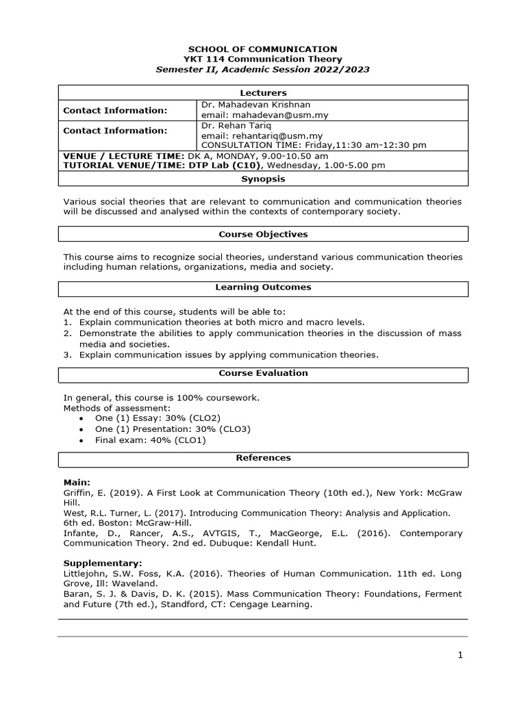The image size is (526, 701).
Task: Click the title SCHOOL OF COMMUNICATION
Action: tap(263, 49)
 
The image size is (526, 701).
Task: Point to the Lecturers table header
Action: tap(263, 93)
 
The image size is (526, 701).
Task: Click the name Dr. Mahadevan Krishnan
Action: tap(255, 105)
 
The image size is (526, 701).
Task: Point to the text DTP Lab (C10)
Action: tap(230, 166)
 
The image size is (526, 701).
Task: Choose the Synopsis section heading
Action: tap(263, 179)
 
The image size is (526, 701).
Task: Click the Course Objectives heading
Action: tap(263, 234)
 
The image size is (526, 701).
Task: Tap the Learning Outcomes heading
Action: tap(263, 288)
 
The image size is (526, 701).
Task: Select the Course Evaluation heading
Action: tap(263, 374)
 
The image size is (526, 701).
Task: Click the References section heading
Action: tap(263, 458)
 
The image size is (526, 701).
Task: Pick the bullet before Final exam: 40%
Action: tap(82, 441)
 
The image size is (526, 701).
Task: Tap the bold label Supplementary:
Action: tap(93, 563)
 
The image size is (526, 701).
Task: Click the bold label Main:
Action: tap(77, 483)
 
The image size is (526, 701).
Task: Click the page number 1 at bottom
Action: tap(460, 655)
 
